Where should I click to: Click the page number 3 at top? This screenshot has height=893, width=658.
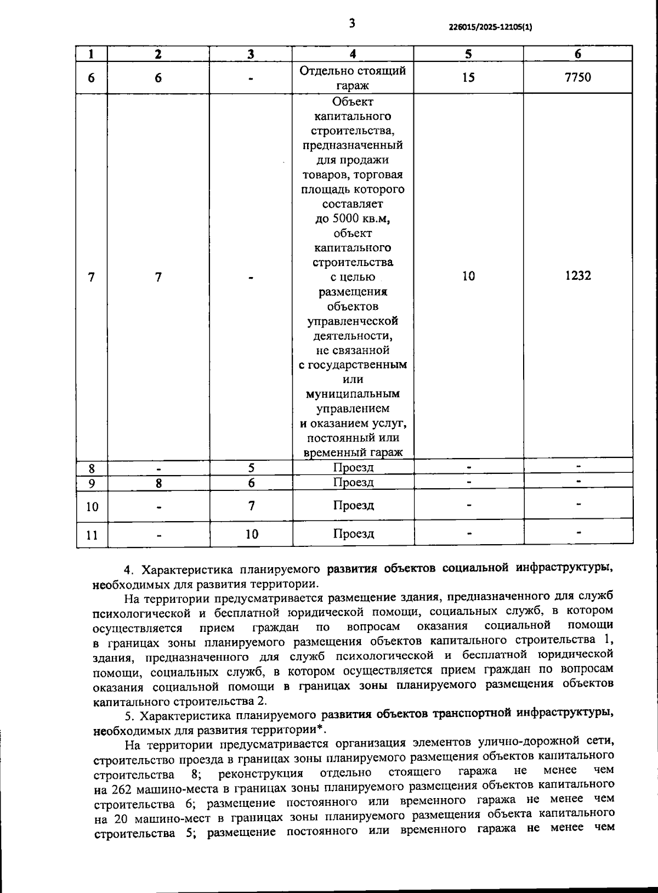[351, 23]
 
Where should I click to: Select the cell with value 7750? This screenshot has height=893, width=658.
[577, 77]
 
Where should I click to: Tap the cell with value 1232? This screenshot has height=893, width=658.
[578, 276]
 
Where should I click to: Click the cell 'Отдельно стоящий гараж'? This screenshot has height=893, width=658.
[353, 78]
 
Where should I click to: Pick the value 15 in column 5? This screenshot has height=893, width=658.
[468, 77]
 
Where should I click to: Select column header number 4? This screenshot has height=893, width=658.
[353, 54]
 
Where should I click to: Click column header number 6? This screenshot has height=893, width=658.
[577, 54]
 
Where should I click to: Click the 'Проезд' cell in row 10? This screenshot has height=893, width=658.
[354, 505]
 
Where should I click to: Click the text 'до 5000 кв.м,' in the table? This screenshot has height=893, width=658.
[353, 219]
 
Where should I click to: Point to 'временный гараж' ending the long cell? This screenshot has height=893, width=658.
[353, 453]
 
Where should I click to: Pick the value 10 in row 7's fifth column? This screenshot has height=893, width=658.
[468, 276]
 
